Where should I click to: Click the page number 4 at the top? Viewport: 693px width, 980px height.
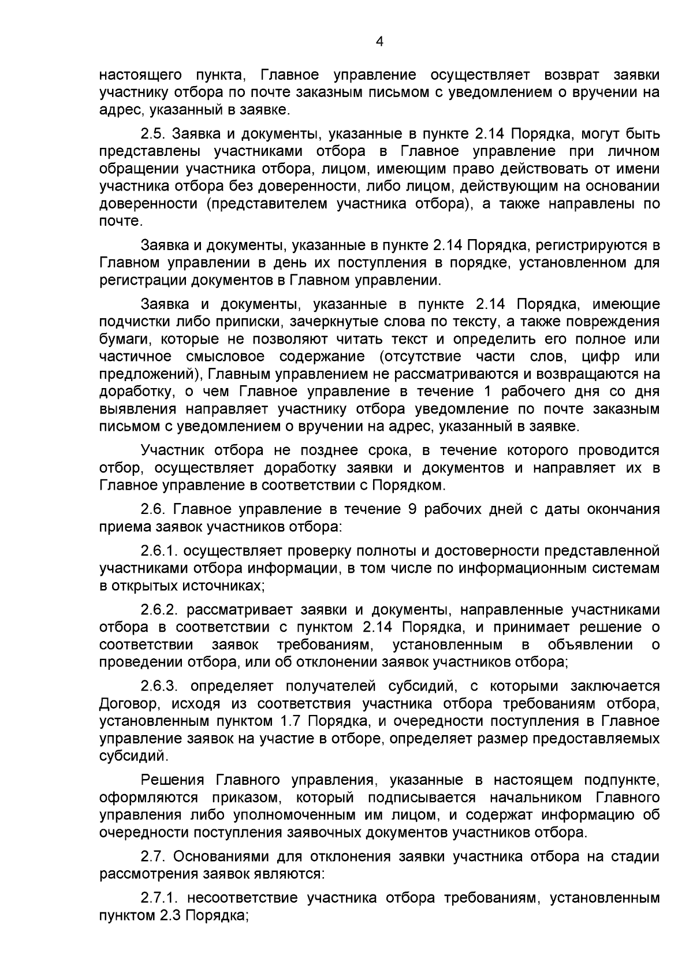379,41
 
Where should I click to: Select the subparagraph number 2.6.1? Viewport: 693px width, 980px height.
159,551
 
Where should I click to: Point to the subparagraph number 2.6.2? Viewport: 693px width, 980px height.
159,610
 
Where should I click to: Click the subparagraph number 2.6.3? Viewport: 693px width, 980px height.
159,686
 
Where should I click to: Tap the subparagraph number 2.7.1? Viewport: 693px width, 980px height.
159,898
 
